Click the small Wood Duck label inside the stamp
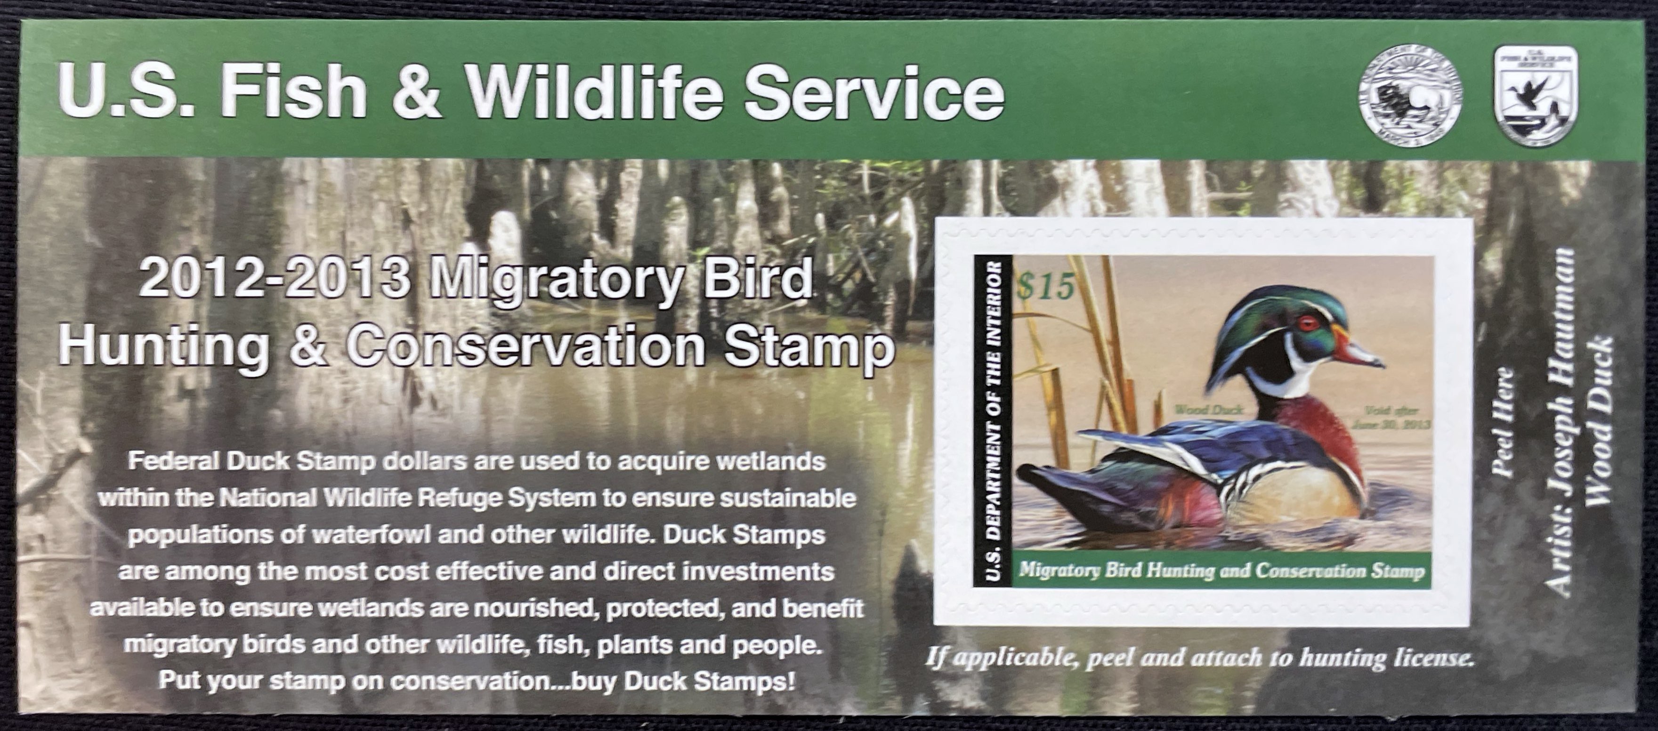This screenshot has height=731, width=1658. click(x=1209, y=410)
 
